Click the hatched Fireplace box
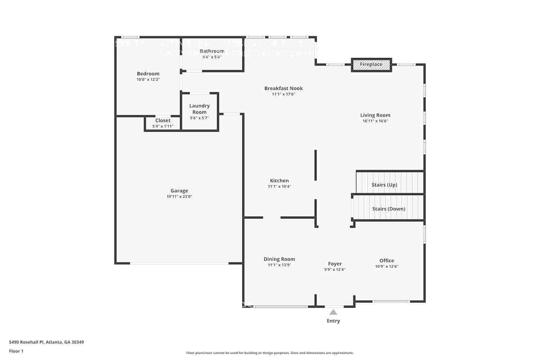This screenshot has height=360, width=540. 371,65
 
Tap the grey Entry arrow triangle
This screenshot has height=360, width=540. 333,312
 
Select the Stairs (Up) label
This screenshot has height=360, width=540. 384,185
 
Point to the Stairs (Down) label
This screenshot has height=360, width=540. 388,209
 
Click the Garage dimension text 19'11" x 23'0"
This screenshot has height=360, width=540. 179,197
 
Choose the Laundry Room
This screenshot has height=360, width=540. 199,111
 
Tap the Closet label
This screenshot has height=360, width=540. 163,121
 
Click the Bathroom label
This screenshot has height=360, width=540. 212,51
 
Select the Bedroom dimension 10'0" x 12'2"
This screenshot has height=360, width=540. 148,80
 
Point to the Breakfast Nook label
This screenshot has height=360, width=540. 283,88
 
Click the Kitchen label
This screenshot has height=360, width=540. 279,181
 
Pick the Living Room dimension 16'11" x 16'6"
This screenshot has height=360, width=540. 375,121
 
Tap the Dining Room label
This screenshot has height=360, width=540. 279,259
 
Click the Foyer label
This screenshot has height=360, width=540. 335,264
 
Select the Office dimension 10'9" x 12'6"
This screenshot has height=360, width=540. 387,267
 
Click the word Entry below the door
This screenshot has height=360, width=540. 333,321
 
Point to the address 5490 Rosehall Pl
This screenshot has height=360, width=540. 46,342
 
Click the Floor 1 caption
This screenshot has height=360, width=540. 16,351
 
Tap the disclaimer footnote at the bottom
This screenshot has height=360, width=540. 270,353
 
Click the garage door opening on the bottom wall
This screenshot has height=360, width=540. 179,264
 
